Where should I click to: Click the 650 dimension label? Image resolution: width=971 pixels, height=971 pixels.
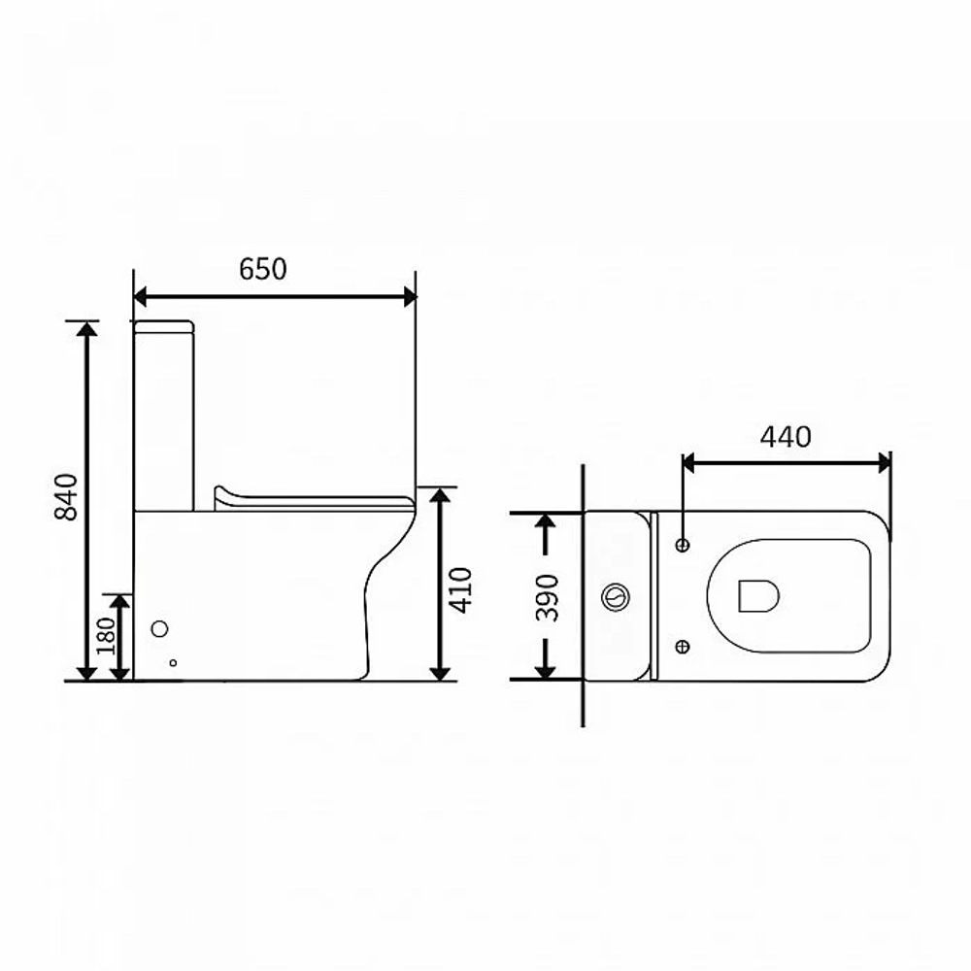click(x=262, y=269)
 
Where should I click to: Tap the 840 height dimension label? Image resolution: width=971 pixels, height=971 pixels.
click(x=66, y=496)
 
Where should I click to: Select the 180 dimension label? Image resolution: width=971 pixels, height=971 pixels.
click(x=106, y=635)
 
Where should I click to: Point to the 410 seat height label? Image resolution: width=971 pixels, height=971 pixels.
click(x=460, y=590)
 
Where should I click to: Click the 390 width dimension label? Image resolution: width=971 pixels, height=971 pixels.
click(x=548, y=597)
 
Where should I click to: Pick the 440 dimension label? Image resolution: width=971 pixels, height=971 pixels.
click(x=786, y=437)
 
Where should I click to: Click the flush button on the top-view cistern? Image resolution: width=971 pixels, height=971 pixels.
click(x=616, y=597)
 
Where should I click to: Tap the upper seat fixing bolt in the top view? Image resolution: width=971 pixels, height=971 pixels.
click(x=683, y=545)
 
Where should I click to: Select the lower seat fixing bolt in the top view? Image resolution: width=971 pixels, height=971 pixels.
click(x=683, y=647)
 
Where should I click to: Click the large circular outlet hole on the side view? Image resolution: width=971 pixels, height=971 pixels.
click(x=160, y=629)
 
